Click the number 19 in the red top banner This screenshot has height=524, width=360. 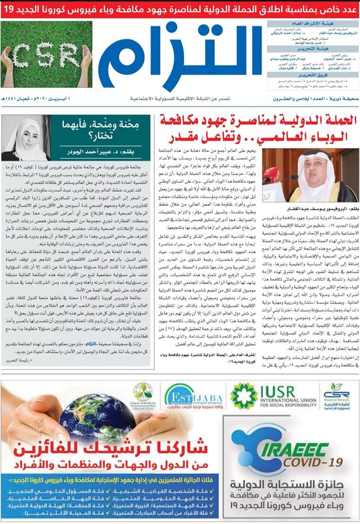[10, 10]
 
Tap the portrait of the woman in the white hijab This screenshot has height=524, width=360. [25, 139]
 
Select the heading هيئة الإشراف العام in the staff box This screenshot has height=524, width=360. [313, 25]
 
